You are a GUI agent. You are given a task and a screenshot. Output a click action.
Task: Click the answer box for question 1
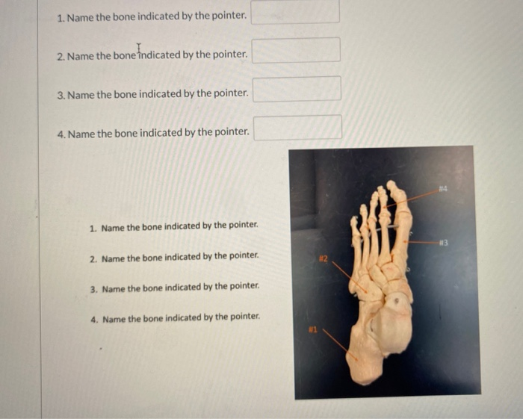pos(295,13)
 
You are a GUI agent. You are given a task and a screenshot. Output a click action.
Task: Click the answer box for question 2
pos(296,50)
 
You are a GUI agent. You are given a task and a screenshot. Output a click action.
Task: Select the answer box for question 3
pos(297,88)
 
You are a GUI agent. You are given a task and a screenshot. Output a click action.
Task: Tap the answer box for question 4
pos(297,127)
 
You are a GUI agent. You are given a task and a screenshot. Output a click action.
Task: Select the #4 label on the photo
pos(444,188)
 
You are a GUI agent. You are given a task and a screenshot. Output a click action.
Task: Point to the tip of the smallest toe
pos(353,221)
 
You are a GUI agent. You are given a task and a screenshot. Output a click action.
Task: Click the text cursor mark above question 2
pos(139,47)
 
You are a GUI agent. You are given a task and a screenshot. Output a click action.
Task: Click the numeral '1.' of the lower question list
pos(93,226)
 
